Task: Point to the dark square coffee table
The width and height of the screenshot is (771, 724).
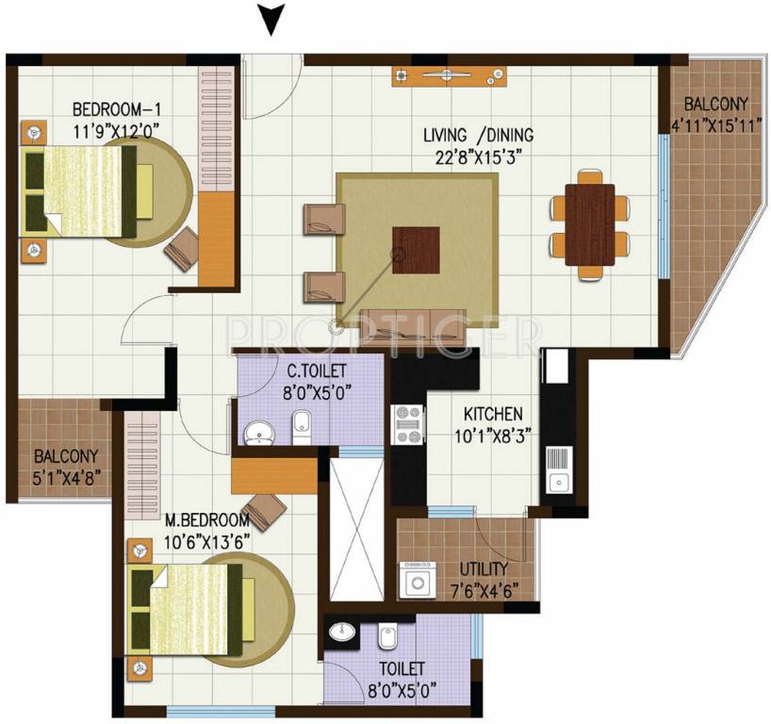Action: click(x=416, y=250)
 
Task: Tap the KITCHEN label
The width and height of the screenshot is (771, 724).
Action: click(x=492, y=413)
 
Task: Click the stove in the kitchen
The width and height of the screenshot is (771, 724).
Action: click(x=409, y=424)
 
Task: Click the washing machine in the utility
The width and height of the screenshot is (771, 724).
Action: click(x=417, y=581)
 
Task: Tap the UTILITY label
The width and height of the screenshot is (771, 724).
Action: click(x=484, y=569)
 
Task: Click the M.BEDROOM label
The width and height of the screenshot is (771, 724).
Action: click(x=206, y=519)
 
